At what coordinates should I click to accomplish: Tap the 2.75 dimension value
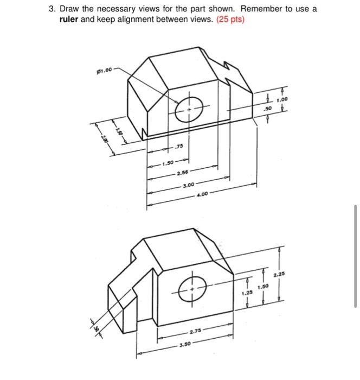coord(196,331)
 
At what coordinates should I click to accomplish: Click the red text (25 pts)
coord(230,20)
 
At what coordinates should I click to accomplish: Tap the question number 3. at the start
coord(49,9)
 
